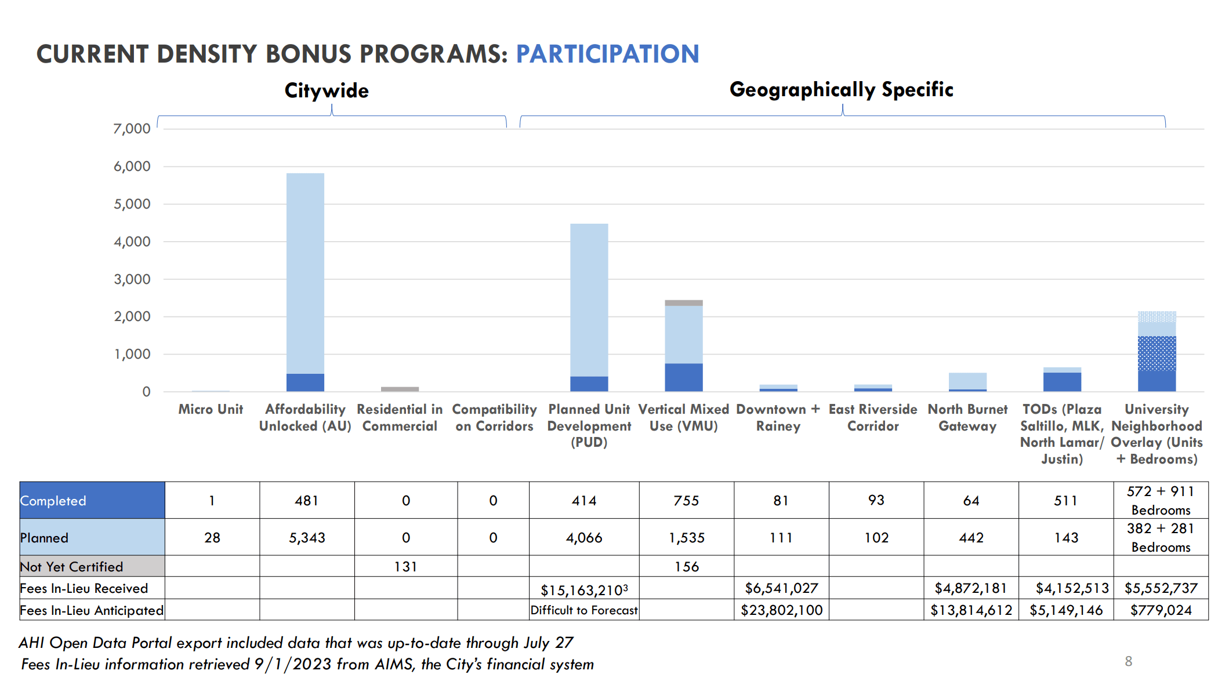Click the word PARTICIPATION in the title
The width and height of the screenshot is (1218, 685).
[x=607, y=54]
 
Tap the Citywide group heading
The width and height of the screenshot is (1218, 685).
[x=327, y=90]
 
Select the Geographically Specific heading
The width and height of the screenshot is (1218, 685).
[x=841, y=89]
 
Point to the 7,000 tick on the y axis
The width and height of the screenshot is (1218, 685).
[x=132, y=129]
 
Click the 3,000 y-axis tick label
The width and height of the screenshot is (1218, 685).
[x=132, y=279]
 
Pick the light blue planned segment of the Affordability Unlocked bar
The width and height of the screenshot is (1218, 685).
[x=305, y=272]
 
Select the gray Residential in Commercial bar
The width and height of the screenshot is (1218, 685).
[x=400, y=389]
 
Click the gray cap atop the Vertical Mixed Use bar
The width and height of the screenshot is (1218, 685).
[x=683, y=303]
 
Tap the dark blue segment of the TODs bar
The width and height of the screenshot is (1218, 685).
[x=1062, y=382]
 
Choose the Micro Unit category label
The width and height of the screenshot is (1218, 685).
[x=211, y=409]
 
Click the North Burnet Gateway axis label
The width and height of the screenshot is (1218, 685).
[x=967, y=417]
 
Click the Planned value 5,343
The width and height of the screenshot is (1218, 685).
[x=307, y=537]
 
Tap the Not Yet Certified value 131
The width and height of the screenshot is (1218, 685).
[x=405, y=566]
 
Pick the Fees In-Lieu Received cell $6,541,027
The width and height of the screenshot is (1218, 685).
[x=781, y=588]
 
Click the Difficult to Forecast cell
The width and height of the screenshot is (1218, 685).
[x=583, y=610]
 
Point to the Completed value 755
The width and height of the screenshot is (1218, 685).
[x=686, y=500]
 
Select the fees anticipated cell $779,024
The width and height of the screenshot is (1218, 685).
[x=1161, y=610]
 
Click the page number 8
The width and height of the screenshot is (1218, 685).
[x=1128, y=661]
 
